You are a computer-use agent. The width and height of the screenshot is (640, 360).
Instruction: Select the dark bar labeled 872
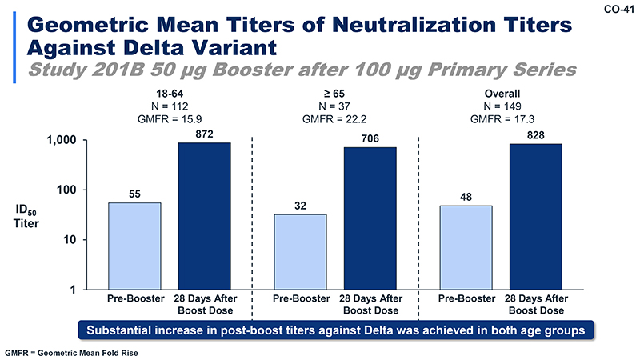(204, 216)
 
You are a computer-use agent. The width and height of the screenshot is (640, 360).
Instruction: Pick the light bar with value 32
(300, 251)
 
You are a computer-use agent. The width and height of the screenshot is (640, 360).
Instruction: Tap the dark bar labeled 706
(370, 218)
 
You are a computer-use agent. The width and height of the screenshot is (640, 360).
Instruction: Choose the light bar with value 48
(466, 247)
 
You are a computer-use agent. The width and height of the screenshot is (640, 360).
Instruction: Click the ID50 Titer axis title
(28, 217)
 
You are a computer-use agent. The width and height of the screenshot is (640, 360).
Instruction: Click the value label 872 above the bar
(204, 134)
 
